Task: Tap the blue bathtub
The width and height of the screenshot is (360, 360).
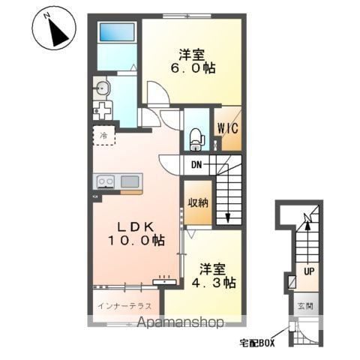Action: coord(117,32)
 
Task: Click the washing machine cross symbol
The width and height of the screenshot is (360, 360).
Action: coord(103,111)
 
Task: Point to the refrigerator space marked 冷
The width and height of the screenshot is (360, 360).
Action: coord(103,136)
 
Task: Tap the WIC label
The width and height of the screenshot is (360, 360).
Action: coord(227,128)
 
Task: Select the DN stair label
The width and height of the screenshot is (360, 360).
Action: coord(196,165)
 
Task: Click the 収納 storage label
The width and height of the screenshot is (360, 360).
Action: coord(198,202)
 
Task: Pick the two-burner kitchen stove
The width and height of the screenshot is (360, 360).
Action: coord(106,181)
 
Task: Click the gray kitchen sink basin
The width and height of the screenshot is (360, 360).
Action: coord(130,181)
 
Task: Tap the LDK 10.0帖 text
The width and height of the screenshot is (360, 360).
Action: coord(136,234)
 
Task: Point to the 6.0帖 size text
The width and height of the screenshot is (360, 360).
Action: coord(193,67)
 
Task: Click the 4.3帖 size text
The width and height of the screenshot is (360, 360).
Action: coord(214,283)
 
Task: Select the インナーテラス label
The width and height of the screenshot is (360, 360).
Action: coord(124,306)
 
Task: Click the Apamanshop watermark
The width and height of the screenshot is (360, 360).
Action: coord(181,322)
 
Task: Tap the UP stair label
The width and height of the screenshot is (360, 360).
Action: coord(309,271)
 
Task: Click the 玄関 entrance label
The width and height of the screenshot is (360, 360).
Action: coord(305,306)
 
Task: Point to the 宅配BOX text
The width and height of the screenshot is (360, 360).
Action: coord(257,343)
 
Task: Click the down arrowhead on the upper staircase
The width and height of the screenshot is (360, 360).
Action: coord(228,218)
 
